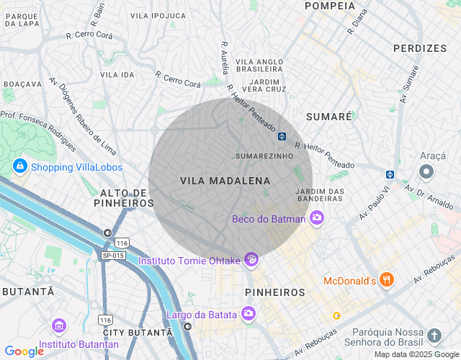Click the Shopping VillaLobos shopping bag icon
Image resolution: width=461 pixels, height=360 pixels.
19,167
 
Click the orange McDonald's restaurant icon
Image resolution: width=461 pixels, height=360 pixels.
387,280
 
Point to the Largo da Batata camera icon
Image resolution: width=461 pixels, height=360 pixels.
249,313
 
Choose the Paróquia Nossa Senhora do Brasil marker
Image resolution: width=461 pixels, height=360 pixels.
434,335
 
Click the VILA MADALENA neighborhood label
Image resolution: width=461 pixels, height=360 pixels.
225,181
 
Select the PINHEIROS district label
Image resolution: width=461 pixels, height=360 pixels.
275,292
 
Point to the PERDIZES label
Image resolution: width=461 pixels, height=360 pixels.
420,48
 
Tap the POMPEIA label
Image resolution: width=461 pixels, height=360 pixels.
330,6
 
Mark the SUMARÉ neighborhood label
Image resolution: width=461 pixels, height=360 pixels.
329,116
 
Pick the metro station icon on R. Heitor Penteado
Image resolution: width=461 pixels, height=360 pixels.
282,135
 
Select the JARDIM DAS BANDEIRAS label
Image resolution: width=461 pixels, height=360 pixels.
319,194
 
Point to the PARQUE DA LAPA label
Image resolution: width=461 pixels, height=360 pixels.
21,20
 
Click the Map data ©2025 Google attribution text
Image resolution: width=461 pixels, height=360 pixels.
416,354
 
